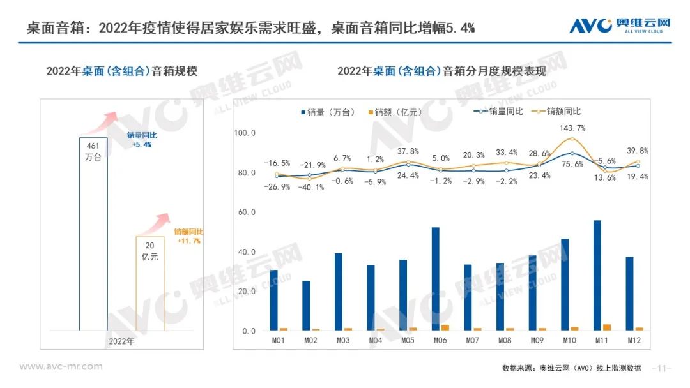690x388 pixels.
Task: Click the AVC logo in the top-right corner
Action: point(620,26)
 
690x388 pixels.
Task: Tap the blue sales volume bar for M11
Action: point(597,275)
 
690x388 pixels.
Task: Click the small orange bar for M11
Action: point(607,327)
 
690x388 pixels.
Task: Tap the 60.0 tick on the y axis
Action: point(245,213)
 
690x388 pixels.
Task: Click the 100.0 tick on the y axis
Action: point(245,133)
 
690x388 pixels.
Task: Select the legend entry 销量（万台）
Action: point(328,112)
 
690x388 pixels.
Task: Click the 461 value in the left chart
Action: point(93,147)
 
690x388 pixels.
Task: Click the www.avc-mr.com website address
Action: point(61,366)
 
